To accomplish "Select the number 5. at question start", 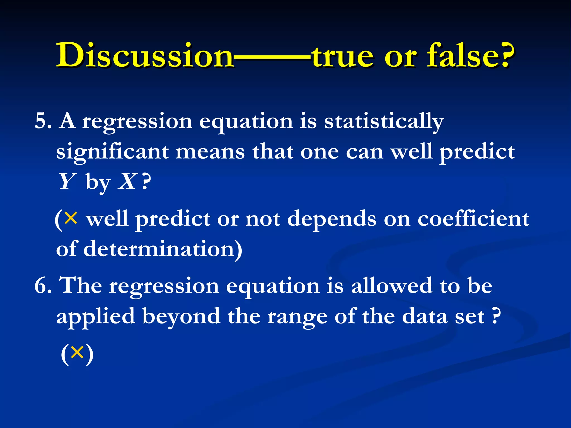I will pos(43,121).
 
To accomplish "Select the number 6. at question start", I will pos(43,286).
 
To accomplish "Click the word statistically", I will pos(384,121).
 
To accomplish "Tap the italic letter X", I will pos(127,182).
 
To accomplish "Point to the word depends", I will pos(332,219).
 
